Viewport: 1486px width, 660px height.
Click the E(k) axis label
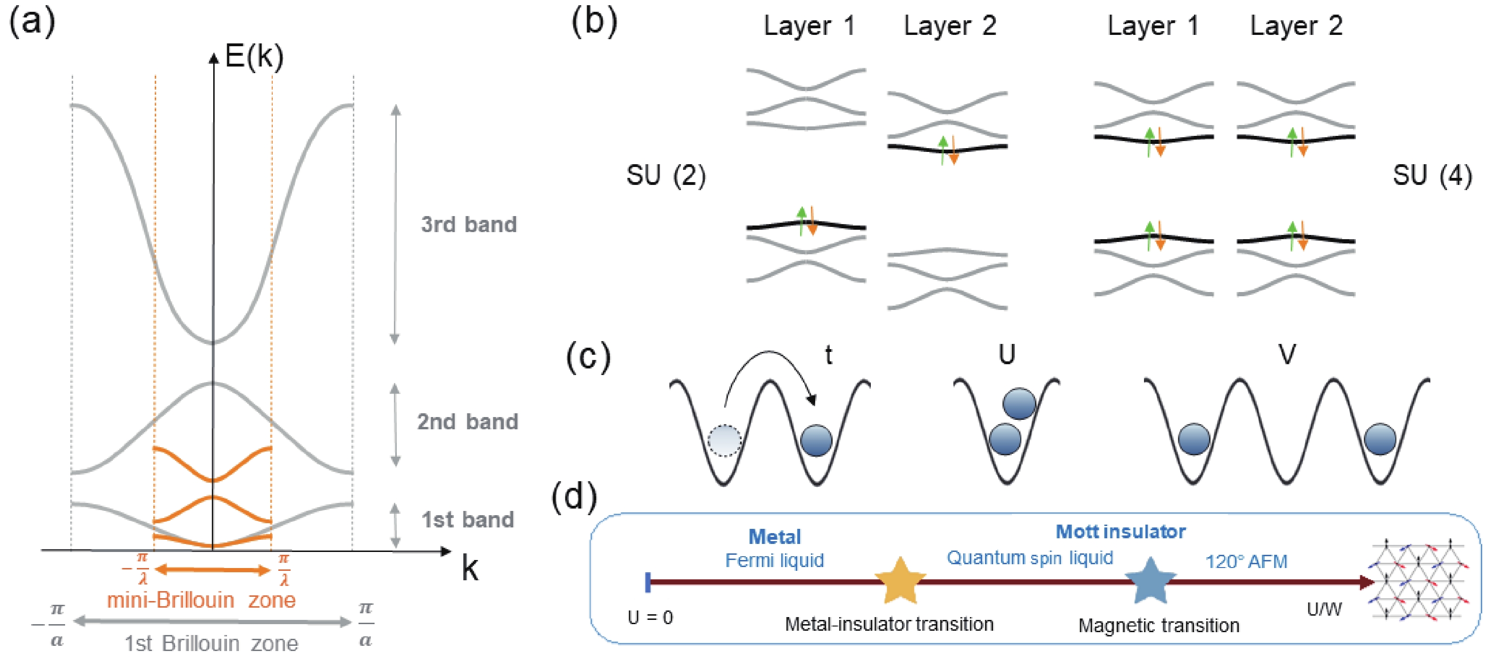point(254,57)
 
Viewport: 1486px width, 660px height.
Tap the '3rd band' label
point(468,225)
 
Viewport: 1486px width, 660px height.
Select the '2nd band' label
point(467,422)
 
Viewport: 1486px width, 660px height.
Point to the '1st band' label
point(467,520)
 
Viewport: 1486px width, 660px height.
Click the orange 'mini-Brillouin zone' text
point(201,600)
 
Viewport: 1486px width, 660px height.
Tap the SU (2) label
point(666,175)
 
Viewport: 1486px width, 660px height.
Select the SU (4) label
point(1432,175)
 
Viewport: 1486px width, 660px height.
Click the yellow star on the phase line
point(900,581)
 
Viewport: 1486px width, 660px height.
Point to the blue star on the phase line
point(1150,581)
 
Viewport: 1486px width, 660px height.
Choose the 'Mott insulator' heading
point(1120,531)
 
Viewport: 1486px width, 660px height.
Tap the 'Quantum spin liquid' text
point(1030,558)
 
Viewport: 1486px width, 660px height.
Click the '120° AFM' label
point(1246,561)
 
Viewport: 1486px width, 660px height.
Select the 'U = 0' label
point(650,618)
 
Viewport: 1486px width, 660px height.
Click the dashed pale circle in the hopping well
point(725,441)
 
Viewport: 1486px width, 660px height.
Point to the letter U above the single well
point(1007,354)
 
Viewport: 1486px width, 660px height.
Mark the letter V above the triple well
point(1287,354)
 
